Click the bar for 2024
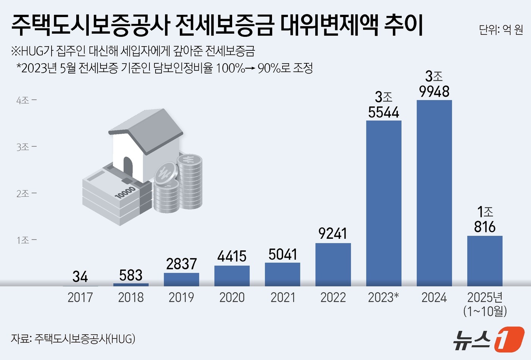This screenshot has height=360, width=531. click(x=434, y=193)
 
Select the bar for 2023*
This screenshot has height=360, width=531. click(x=383, y=203)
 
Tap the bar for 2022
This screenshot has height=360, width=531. click(x=333, y=265)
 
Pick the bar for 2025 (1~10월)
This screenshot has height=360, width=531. click(x=484, y=261)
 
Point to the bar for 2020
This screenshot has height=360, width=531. click(x=232, y=276)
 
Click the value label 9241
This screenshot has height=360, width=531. click(x=333, y=233)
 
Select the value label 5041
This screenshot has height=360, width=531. click(x=283, y=254)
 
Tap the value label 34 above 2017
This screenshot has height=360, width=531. click(x=80, y=277)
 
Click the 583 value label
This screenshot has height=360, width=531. click(x=130, y=275)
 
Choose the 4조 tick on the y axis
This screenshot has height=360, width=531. click(x=26, y=100)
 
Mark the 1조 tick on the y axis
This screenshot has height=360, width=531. click(x=26, y=240)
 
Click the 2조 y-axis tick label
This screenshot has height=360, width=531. click(x=26, y=194)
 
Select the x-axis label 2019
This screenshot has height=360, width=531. click(x=181, y=297)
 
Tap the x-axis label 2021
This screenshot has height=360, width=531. click(x=283, y=297)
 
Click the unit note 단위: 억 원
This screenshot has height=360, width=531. click(x=501, y=30)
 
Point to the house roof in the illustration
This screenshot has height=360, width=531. click(x=146, y=129)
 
